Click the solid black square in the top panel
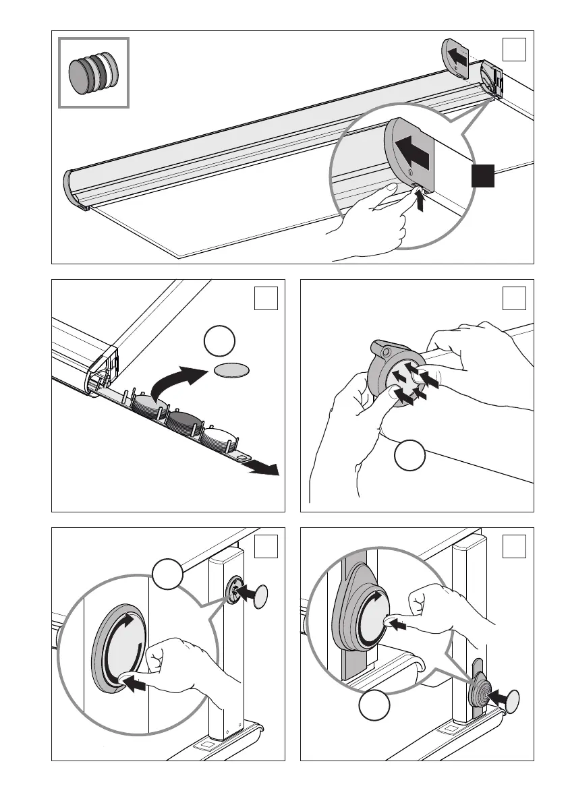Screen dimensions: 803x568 (x=483, y=176)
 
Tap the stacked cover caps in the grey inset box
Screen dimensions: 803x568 (x=93, y=71)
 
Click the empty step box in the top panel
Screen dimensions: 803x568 (x=514, y=48)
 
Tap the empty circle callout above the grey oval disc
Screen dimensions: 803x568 (x=218, y=343)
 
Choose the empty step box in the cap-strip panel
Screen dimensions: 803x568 (x=266, y=298)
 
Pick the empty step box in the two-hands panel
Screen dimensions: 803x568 (x=514, y=298)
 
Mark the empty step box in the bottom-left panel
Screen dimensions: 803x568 (x=266, y=546)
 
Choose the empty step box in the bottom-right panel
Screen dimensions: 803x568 (x=514, y=546)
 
